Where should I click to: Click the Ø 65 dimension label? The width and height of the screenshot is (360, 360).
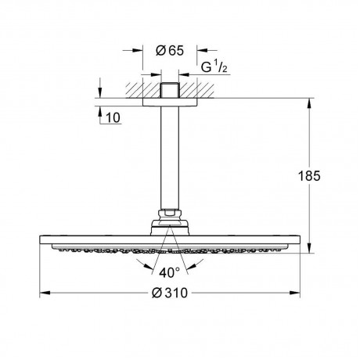170,50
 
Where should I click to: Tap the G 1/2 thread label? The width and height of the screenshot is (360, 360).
214,67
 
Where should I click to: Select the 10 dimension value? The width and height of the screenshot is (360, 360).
113,117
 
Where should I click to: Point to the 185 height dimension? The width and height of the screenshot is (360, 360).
309,176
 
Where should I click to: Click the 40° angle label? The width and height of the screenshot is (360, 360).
170,273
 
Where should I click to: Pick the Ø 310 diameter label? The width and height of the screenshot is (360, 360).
170,293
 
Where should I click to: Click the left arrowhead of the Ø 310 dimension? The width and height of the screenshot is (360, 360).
45,293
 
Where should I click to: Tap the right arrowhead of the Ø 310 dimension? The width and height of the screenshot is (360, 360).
294,293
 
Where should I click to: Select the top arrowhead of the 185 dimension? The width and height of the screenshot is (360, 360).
309,103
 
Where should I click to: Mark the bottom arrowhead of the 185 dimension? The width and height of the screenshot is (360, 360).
309,248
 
